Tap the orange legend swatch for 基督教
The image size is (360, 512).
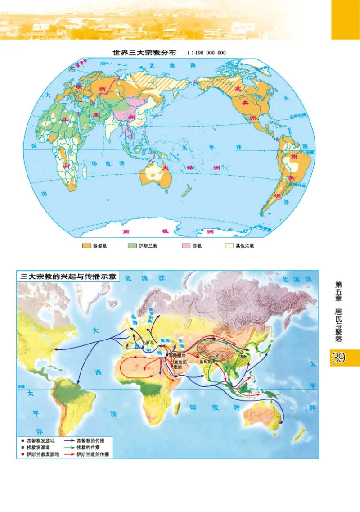[86, 246]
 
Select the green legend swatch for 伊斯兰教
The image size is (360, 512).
[132, 246]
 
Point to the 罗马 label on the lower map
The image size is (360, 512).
[150, 343]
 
